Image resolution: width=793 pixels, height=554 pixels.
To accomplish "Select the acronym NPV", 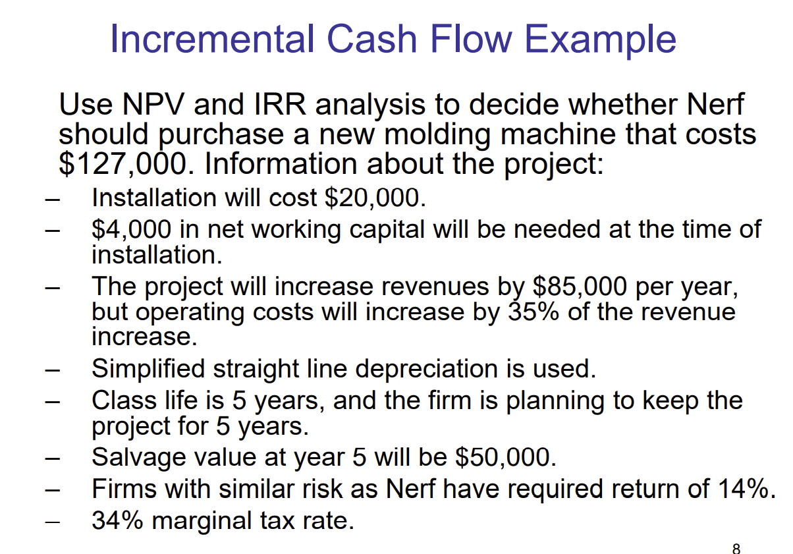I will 148,105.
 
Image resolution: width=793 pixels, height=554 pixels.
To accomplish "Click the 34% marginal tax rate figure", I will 118,521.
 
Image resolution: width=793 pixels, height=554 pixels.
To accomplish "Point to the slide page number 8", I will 736,547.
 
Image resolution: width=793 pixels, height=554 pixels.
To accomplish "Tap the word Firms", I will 124,489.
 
